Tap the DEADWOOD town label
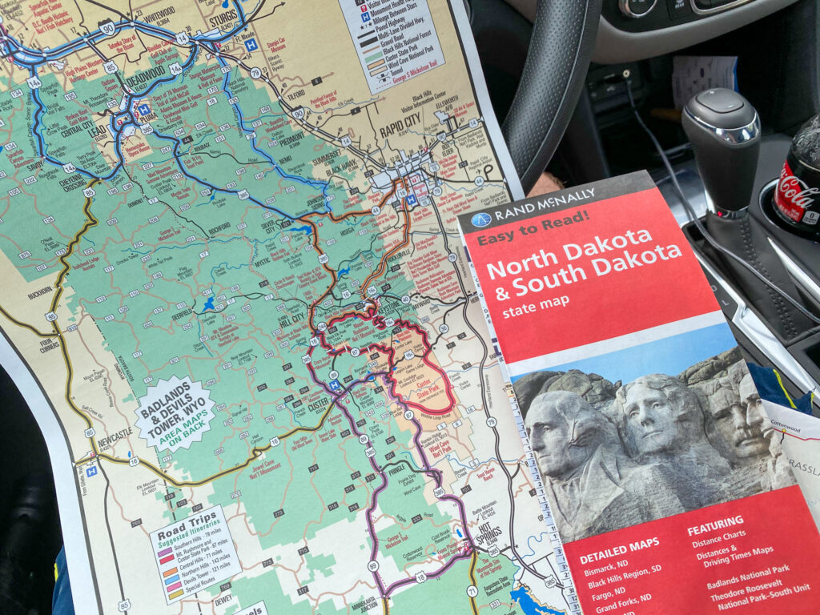[x=147, y=82]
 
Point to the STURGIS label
[x=224, y=18]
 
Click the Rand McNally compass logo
[x=480, y=219]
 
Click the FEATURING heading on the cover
[x=714, y=522]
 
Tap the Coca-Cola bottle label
[x=798, y=192]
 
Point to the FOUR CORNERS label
[x=49, y=344]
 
